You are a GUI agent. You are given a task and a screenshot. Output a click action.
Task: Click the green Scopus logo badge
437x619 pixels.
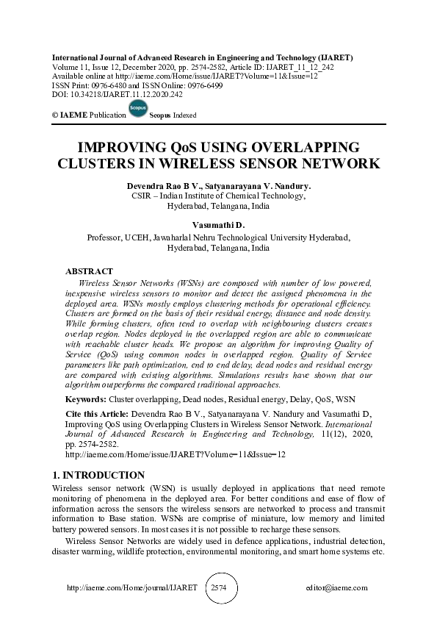pyautogui.click(x=137, y=109)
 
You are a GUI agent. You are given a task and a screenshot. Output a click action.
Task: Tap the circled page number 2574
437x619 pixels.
pyautogui.click(x=219, y=588)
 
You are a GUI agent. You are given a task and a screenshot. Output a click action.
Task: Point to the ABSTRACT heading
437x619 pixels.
pyautogui.click(x=89, y=271)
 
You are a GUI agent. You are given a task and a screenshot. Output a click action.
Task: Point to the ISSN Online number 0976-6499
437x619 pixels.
pyautogui.click(x=202, y=85)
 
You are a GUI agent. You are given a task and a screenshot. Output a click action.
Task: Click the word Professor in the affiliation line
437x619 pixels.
pyautogui.click(x=106, y=238)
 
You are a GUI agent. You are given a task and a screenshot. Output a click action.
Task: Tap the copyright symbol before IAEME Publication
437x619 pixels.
pyautogui.click(x=56, y=116)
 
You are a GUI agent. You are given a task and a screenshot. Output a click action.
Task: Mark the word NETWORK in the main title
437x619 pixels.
pyautogui.click(x=342, y=163)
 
